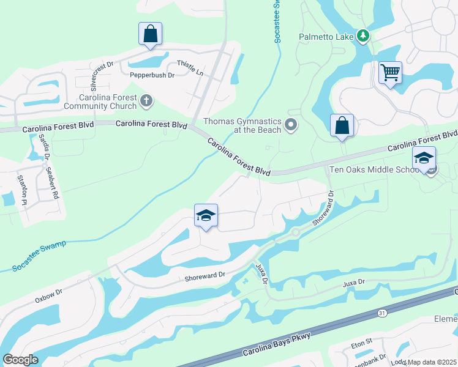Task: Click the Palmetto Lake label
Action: [x=326, y=37]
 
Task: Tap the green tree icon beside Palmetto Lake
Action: [x=363, y=36]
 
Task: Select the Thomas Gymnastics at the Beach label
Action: [x=242, y=125]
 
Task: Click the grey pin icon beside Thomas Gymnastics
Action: [x=291, y=125]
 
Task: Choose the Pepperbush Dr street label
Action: [x=152, y=75]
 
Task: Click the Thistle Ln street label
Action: [x=189, y=67]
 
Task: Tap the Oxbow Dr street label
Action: [x=49, y=295]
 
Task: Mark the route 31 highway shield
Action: [x=382, y=313]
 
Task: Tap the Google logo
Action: [x=20, y=360]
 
